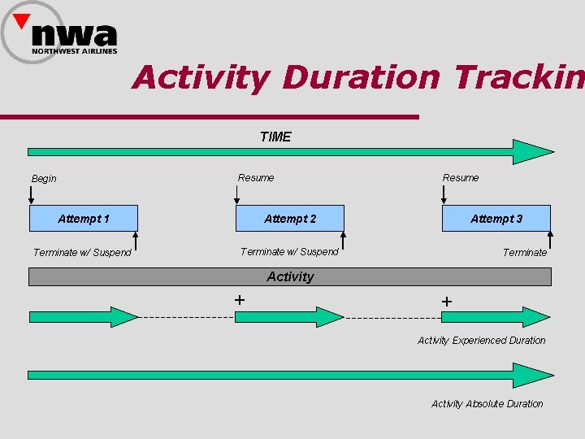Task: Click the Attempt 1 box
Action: point(84,219)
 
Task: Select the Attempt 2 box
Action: point(290,219)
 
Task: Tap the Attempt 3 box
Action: point(496,219)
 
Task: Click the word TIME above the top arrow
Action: point(275,137)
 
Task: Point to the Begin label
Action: point(44,179)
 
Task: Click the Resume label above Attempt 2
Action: point(256,177)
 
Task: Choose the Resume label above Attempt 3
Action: point(461,177)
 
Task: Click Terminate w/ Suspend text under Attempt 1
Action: point(82,253)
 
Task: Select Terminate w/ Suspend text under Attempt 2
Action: point(289,252)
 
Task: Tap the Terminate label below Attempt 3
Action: point(525,253)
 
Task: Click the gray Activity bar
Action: point(290,277)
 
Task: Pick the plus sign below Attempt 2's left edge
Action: point(240,299)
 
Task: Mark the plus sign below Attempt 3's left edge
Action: point(446,302)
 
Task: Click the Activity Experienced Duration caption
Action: point(482,341)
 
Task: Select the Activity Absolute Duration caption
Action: point(487,404)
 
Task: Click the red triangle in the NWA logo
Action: point(22,20)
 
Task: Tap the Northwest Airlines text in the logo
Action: point(75,51)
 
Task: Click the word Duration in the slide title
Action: point(361,78)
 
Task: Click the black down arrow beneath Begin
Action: point(32,194)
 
